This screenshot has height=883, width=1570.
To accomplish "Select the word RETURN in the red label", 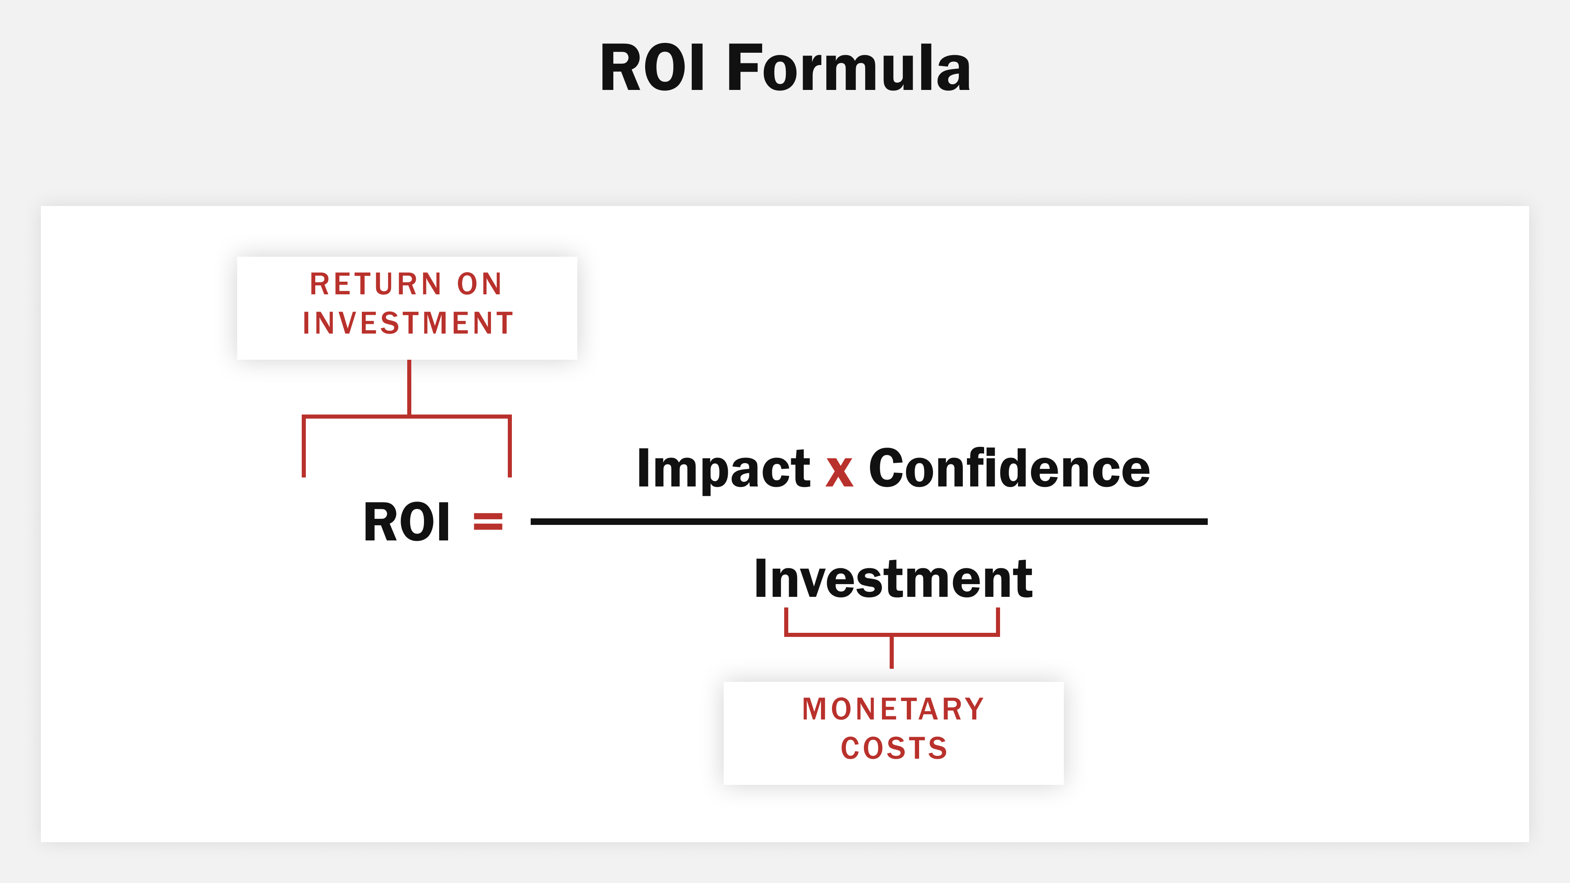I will (375, 285).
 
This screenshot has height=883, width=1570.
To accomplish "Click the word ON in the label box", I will (480, 285).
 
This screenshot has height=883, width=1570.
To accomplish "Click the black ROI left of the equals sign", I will (406, 522).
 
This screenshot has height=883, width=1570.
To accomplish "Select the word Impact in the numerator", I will (723, 468).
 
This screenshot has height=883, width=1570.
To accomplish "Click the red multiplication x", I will (839, 471).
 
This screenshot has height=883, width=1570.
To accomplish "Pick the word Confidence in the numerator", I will (1009, 468).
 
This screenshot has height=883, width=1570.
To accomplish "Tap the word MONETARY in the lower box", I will (893, 709).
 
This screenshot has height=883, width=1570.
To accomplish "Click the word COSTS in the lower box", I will (894, 749).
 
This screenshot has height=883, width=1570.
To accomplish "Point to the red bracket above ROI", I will (406, 417).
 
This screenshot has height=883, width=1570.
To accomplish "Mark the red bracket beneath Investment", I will (892, 634).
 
